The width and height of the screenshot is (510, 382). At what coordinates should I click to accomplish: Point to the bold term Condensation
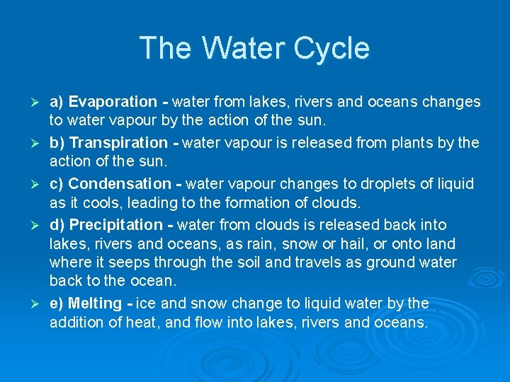coord(116,184)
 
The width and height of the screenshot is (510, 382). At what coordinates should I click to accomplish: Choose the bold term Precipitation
coord(115,225)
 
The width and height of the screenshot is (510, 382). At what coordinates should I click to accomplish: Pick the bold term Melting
coord(95,303)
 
